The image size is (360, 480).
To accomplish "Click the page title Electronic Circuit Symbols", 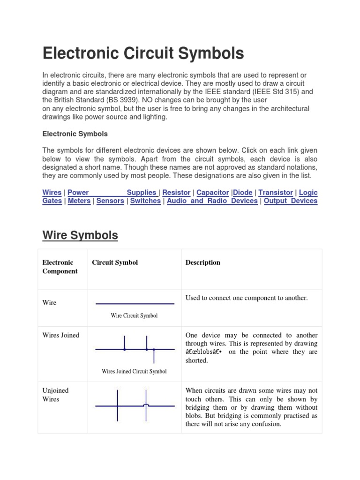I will [x=143, y=54].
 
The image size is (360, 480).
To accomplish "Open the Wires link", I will [x=52, y=193].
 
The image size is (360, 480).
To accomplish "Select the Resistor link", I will [x=176, y=193].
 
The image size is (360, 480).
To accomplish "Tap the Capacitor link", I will [x=213, y=193].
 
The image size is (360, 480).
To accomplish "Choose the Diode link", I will [x=242, y=193].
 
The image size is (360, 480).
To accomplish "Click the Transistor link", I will [x=276, y=193].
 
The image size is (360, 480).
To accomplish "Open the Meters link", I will [x=79, y=201].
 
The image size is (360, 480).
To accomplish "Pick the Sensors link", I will [x=110, y=201].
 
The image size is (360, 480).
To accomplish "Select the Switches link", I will [x=145, y=201].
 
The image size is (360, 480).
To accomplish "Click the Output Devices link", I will [x=291, y=201].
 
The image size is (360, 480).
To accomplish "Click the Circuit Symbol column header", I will [x=115, y=262].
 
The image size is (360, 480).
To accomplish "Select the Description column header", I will [x=202, y=262].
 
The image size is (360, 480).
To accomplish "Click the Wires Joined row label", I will [x=61, y=335].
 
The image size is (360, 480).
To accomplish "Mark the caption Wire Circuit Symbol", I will [x=134, y=315].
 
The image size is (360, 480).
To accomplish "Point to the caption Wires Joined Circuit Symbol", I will [x=134, y=371].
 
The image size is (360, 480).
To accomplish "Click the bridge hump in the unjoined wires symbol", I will [x=146, y=405].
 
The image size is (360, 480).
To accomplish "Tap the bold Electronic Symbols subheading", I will [x=75, y=134].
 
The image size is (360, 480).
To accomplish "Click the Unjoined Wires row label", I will [x=55, y=395].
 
